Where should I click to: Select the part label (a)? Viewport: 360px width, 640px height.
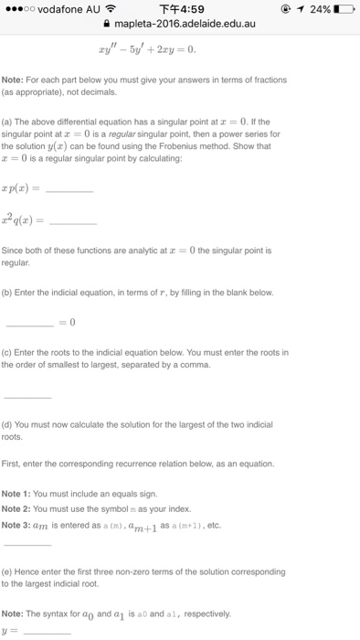(10, 121)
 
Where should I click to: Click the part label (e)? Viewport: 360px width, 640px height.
(10, 571)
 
